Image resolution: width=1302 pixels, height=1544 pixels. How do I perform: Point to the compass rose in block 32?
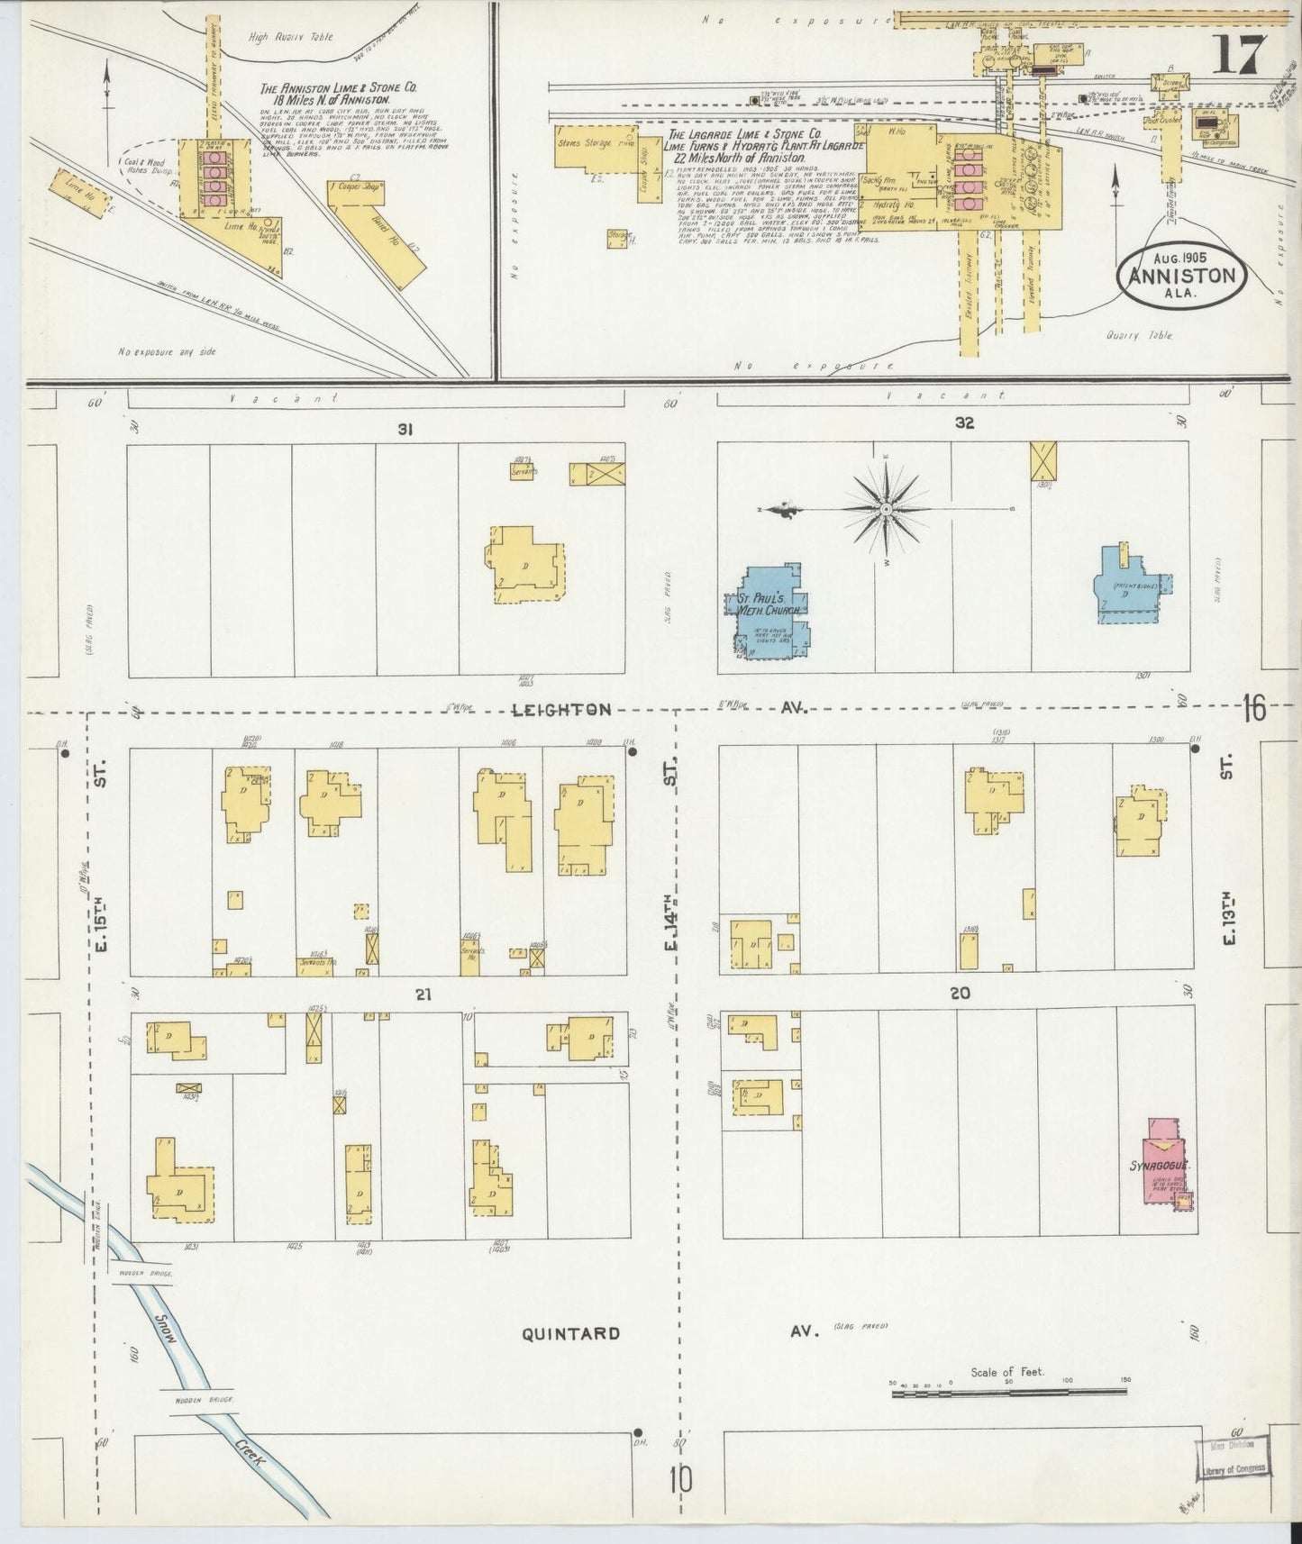tap(887, 509)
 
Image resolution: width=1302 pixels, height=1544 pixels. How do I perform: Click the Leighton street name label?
tap(561, 711)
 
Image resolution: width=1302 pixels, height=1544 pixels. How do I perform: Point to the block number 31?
tap(405, 431)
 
